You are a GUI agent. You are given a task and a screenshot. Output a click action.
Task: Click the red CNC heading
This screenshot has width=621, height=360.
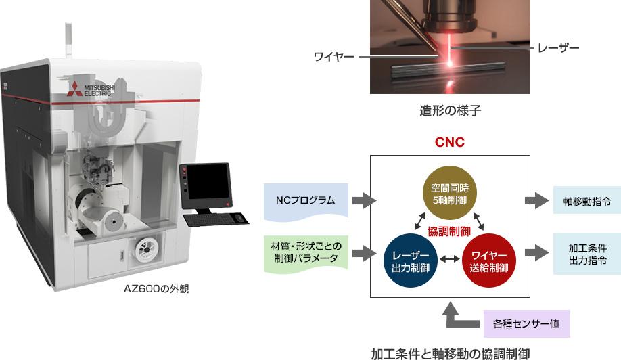449,143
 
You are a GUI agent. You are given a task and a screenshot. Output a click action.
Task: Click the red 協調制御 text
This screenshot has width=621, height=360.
449,231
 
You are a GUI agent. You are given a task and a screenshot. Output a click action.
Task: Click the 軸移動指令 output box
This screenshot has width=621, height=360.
586,201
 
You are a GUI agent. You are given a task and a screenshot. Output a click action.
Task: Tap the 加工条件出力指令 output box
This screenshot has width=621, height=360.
586,252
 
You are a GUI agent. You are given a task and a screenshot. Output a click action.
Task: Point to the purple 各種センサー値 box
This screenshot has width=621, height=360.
526,323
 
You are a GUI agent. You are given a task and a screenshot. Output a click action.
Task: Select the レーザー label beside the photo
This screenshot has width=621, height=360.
558,48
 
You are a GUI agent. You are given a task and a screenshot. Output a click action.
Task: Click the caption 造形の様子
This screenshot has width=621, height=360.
449,110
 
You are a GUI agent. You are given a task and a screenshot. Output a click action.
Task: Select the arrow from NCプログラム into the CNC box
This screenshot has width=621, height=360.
364,201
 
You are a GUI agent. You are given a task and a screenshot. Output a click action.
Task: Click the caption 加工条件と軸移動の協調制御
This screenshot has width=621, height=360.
450,352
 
